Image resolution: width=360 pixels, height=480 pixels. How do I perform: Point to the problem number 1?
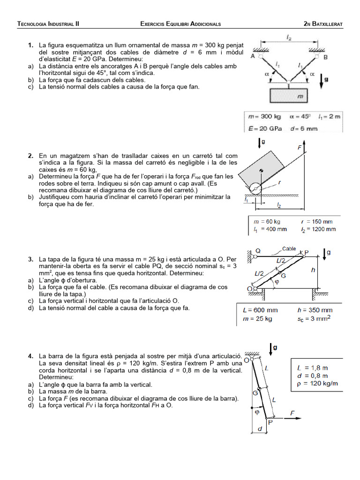click(x=30, y=45)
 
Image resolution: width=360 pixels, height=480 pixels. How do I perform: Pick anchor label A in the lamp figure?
click(x=253, y=57)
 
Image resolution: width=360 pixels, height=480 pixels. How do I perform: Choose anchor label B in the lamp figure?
click(x=325, y=57)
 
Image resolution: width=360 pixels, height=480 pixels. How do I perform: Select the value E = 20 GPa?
click(x=262, y=128)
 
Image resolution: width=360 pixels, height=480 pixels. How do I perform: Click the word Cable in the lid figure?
click(x=289, y=249)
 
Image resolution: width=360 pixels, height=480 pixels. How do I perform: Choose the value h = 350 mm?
click(x=315, y=310)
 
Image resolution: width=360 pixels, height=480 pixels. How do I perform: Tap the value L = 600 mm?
click(x=260, y=310)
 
